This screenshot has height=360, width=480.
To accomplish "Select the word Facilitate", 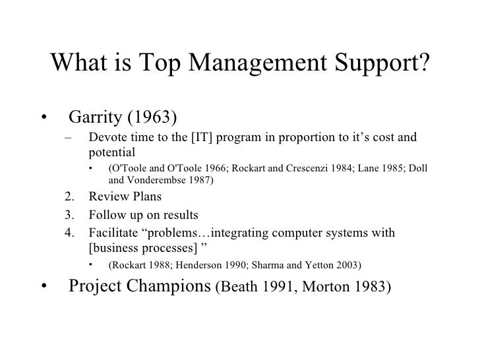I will (x=113, y=233).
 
